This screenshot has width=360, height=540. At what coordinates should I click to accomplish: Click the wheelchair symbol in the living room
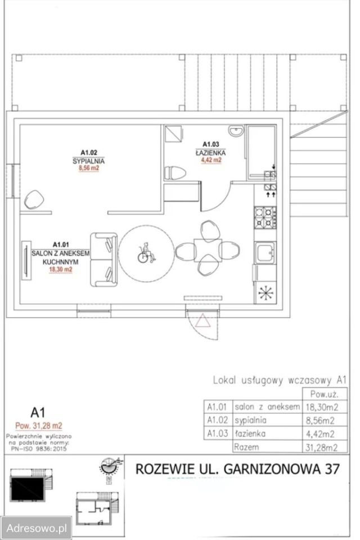(x=146, y=253)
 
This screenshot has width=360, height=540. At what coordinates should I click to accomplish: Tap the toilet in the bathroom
(x=175, y=173)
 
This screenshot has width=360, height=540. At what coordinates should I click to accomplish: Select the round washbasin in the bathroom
(x=236, y=131)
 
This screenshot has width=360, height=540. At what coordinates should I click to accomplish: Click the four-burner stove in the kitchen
(x=265, y=218)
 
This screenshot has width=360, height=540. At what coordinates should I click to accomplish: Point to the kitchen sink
(x=264, y=253)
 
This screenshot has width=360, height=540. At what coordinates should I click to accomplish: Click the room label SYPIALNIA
(x=88, y=161)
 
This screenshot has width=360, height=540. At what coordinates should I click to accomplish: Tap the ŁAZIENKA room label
(x=210, y=152)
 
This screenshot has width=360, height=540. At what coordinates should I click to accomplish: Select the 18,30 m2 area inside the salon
(x=61, y=269)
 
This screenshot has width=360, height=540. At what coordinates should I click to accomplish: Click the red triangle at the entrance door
(x=202, y=321)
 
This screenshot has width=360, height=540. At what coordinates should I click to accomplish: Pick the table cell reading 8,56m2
(x=320, y=420)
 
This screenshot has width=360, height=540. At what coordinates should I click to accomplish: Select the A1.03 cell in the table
(x=218, y=433)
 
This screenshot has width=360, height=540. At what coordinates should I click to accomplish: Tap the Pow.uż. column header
(x=324, y=394)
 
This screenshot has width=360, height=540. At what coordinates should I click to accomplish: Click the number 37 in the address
(x=332, y=469)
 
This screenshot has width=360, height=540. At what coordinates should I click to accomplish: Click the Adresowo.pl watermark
(x=36, y=528)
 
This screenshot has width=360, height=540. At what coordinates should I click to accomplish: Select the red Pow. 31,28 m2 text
(x=39, y=426)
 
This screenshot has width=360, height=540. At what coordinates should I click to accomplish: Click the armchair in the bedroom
(x=33, y=200)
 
